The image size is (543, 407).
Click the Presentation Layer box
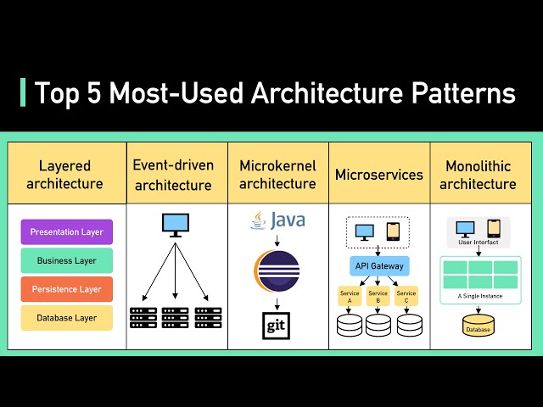click(66, 231)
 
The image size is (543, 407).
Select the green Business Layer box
click(66, 260)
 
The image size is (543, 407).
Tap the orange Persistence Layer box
click(66, 289)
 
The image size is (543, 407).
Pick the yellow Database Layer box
click(66, 318)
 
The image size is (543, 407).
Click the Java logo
click(277, 222)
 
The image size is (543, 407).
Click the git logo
click(277, 326)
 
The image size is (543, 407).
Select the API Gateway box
click(378, 266)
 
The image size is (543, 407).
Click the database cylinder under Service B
click(378, 325)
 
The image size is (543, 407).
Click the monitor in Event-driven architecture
click(176, 224)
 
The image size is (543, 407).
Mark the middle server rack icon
click(176, 318)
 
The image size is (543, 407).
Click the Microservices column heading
click(378, 175)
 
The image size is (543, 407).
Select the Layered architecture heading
click(64, 175)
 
